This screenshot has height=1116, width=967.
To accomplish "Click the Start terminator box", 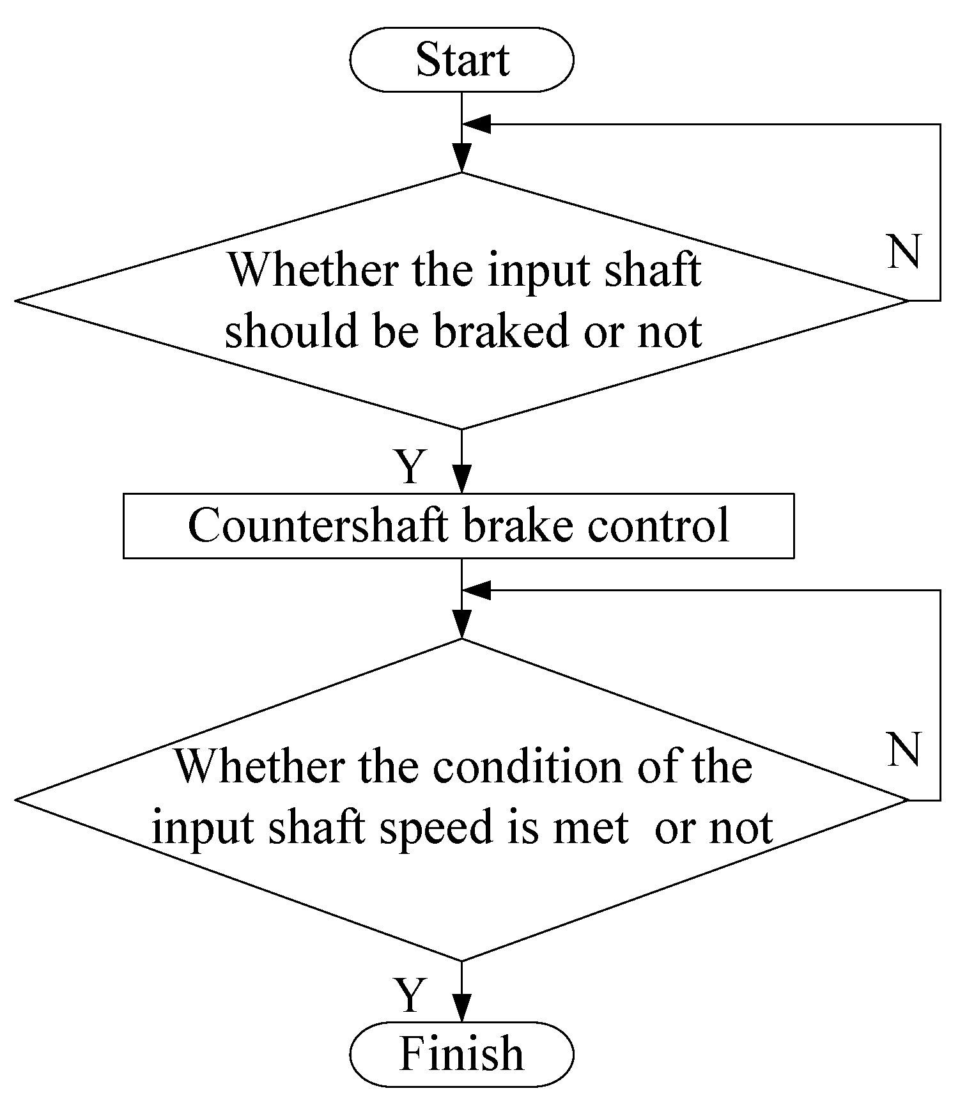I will tap(461, 59).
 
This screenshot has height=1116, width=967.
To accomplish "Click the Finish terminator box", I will tap(461, 1053).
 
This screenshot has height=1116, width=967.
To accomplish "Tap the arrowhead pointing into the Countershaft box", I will tap(461, 481).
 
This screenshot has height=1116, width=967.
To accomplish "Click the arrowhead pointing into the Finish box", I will tap(461, 1009).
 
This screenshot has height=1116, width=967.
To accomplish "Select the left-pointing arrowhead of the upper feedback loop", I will tap(476, 125).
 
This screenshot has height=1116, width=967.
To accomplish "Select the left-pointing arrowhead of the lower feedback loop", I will tap(476, 591).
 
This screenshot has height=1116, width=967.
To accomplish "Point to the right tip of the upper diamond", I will tap(906, 300).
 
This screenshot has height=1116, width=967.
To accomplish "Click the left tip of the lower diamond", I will tap(17, 800).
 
